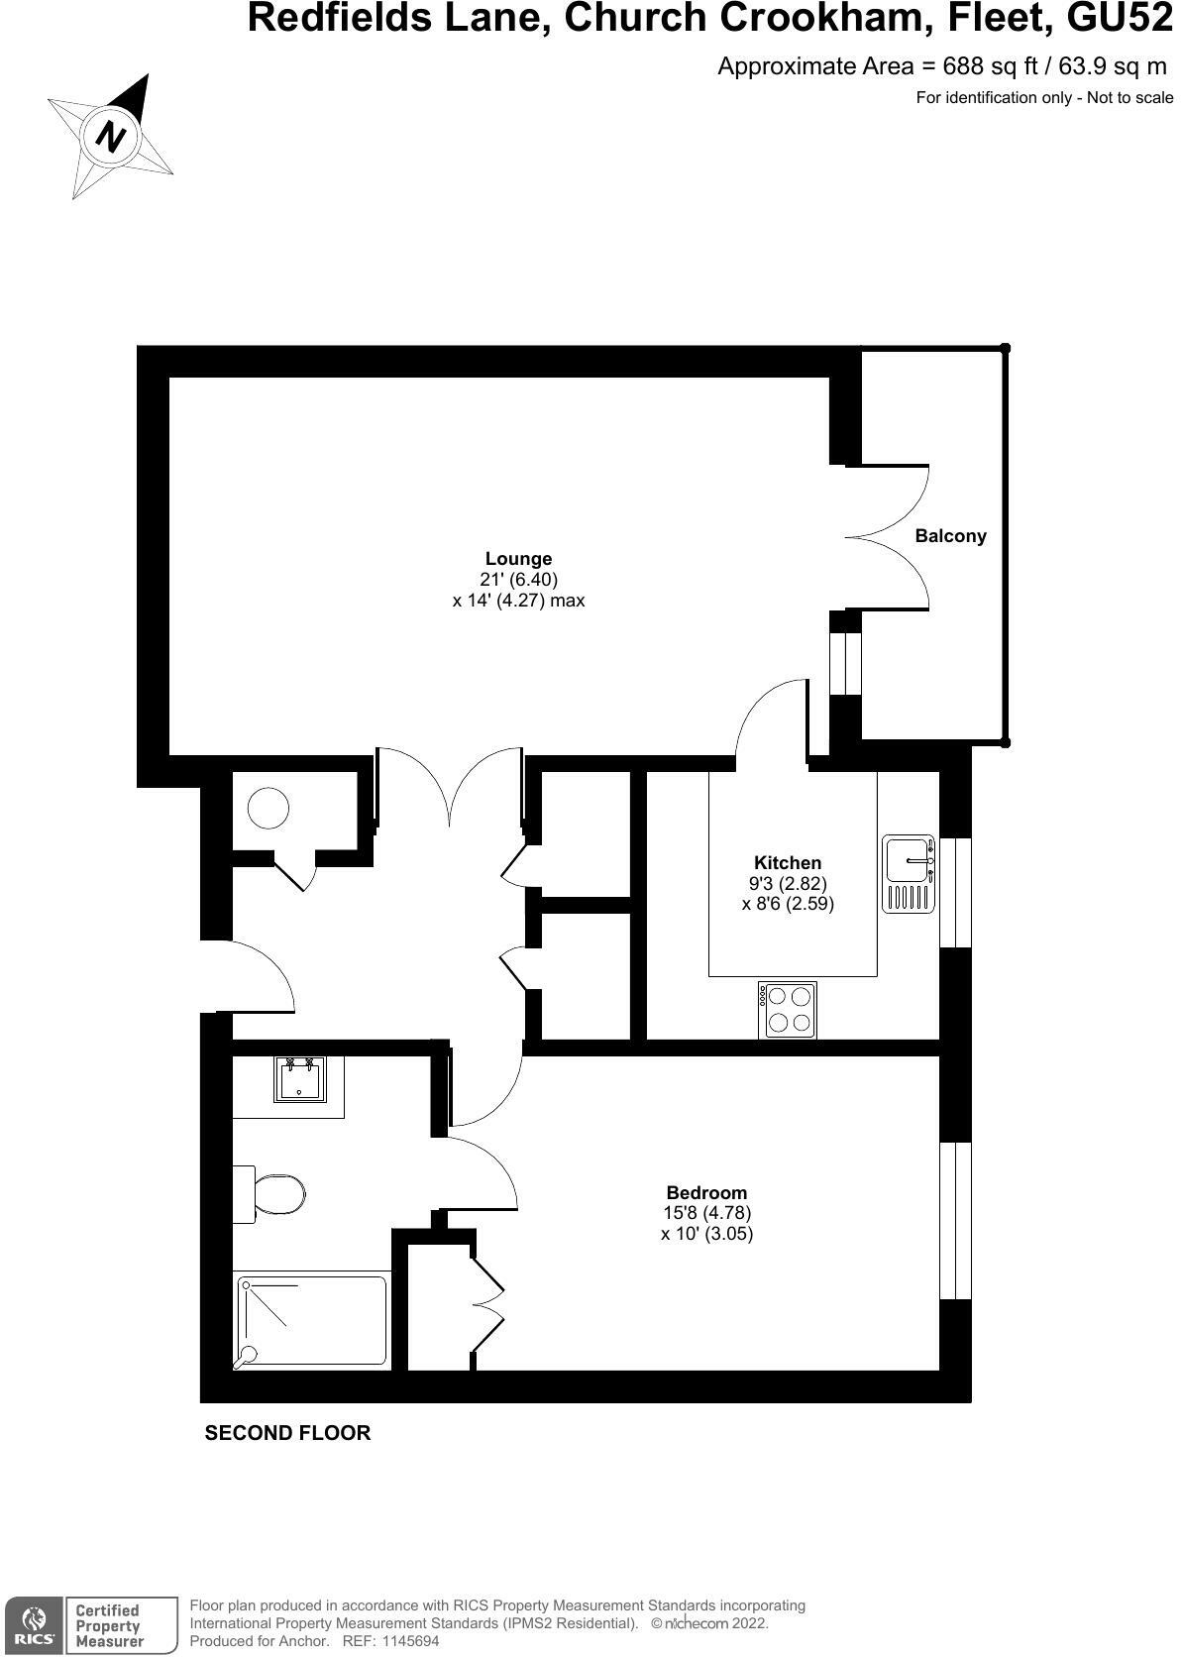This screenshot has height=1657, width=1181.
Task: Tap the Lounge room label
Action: click(518, 559)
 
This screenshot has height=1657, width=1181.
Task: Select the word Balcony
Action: click(950, 536)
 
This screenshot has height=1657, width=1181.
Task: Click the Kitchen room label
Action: click(788, 863)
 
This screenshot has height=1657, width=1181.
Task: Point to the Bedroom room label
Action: click(706, 1192)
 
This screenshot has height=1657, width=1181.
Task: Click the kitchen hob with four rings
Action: click(788, 1010)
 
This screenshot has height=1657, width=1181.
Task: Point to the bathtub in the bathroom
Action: click(311, 1321)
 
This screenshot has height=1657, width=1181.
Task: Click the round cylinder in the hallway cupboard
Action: click(268, 808)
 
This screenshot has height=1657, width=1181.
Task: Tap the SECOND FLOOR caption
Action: click(287, 1433)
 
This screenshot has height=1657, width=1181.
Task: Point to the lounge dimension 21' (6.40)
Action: click(519, 580)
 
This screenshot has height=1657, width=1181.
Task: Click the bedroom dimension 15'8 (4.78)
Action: click(706, 1213)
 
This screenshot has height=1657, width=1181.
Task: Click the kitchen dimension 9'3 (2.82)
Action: click(788, 883)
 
